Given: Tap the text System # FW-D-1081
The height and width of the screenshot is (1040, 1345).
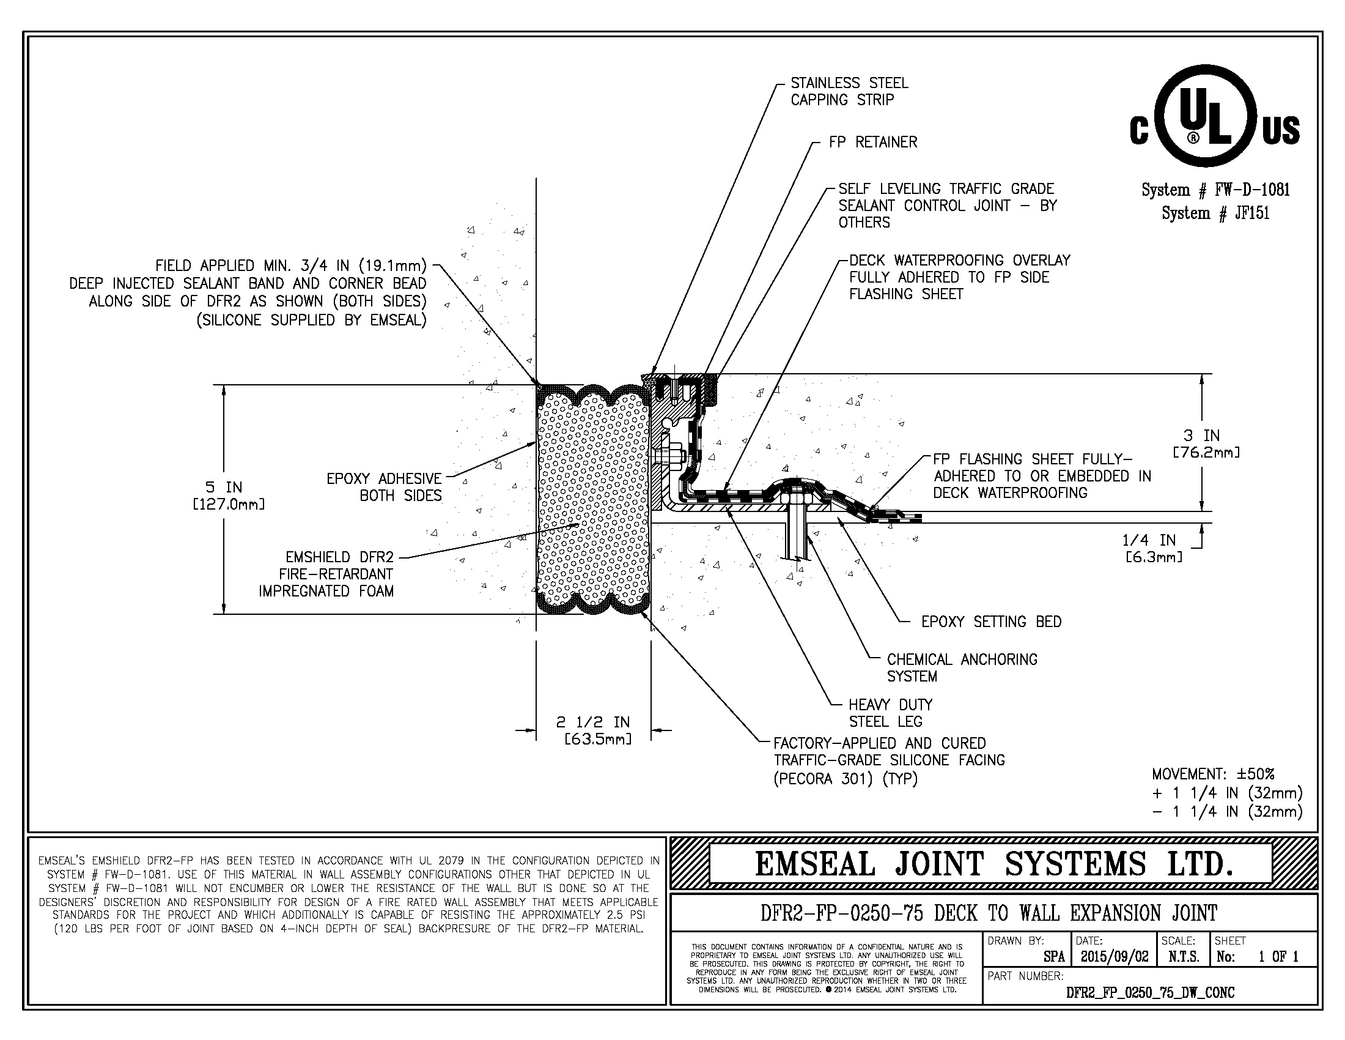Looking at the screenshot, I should point(1215,190).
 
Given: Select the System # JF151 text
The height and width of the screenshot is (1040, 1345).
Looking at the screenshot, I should point(1215,213).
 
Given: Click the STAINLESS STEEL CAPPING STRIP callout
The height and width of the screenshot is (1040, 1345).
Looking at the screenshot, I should point(849,91).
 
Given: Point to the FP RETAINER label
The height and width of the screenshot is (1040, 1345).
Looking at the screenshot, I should point(872,143).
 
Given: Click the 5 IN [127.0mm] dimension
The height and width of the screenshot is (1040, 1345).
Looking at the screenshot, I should point(229,496).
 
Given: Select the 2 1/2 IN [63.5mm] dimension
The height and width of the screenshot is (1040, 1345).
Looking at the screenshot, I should point(594,729).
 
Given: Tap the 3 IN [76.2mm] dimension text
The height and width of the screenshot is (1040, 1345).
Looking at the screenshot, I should point(1206,444).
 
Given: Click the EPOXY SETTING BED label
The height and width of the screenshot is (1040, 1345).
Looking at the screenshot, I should point(991,622).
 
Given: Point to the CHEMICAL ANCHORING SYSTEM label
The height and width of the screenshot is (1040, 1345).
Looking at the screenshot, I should point(961,668).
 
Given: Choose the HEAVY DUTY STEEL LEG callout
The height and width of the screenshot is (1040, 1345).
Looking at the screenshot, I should point(890,713).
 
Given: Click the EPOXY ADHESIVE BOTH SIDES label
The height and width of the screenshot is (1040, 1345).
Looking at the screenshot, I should point(385,487).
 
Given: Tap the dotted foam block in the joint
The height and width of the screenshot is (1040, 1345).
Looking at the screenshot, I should point(592,499).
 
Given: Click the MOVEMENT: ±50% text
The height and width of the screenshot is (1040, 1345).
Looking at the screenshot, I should point(1212,774).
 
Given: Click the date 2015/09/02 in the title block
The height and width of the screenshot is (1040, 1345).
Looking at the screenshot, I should point(1114,957).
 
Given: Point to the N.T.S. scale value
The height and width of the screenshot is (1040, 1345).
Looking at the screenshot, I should point(1184,957).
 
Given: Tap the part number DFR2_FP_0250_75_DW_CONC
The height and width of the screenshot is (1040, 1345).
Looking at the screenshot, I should point(1150,992).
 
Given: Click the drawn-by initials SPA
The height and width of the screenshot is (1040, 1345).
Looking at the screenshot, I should point(1054,957).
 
